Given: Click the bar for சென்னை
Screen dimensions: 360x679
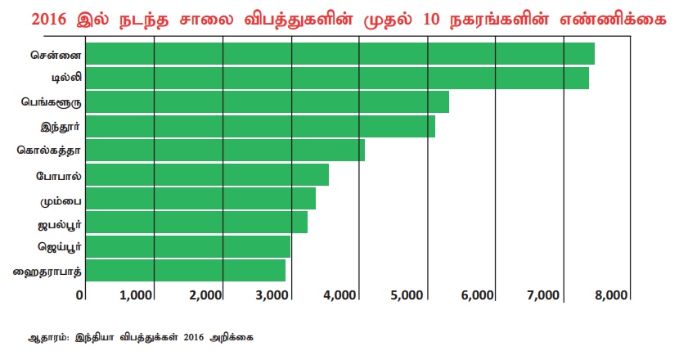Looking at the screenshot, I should tap(339, 54).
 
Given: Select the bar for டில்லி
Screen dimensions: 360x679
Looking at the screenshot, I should tap(337, 79).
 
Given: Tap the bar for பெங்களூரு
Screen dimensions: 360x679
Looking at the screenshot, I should tap(267, 102).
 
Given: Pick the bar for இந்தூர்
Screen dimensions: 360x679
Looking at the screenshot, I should tap(260, 127).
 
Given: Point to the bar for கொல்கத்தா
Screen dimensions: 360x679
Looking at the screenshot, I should tap(225, 151).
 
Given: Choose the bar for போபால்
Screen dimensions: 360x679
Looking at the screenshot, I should tap(207, 175).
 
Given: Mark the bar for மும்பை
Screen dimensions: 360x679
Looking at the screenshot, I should tap(200, 199).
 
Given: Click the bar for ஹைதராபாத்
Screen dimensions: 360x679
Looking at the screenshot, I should tap(186, 270).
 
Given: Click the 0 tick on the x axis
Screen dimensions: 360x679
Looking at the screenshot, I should tap(81, 295).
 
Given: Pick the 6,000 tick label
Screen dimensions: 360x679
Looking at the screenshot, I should tap(479, 295).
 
